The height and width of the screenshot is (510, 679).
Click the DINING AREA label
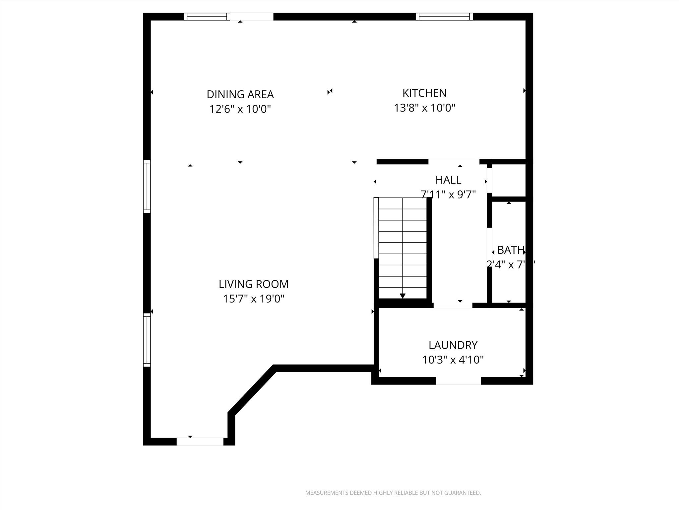240,94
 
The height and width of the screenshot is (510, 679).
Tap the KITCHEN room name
424,93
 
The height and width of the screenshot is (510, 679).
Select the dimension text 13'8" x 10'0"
424,108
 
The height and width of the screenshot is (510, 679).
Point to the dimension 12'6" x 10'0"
240,109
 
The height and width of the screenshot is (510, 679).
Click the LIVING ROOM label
254,284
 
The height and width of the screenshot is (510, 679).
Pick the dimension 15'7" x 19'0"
254,299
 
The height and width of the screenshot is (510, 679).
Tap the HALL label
448,180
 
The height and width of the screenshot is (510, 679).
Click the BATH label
511,250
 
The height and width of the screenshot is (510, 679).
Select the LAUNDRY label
453,345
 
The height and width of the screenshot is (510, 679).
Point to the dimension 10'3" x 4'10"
453,360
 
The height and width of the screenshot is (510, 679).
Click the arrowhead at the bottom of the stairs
402,296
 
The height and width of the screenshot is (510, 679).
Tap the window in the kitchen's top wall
444,17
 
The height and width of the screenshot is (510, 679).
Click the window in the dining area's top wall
207,17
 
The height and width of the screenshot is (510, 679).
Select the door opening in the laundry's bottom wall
458,381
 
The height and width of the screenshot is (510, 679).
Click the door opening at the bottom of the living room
200,442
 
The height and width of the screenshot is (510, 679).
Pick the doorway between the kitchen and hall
454,162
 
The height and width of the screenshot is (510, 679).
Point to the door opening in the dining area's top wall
252,17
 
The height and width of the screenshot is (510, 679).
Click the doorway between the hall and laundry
453,305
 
